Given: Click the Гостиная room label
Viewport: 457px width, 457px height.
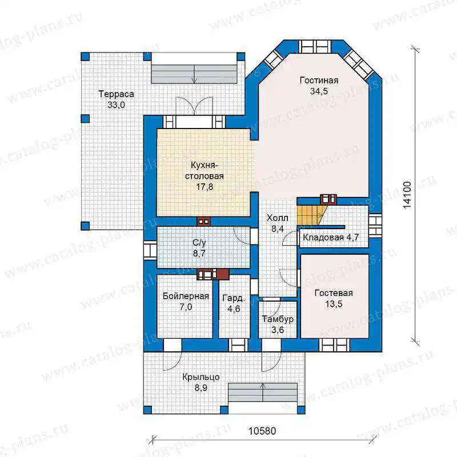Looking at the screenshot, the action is click(319, 80).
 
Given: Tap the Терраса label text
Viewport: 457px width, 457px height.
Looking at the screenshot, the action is click(116, 94).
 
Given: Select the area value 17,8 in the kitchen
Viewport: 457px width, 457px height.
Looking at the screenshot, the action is click(205, 187).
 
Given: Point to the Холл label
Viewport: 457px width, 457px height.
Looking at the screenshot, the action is click(278, 218).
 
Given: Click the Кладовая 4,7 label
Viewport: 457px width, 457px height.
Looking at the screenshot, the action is click(331, 237).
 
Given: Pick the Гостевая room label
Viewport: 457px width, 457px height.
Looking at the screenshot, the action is click(334, 293).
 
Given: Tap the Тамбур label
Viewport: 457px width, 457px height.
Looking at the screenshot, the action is click(278, 319).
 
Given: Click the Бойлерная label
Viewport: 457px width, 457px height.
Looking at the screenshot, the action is click(186, 296).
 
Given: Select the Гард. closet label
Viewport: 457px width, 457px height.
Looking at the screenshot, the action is click(234, 298).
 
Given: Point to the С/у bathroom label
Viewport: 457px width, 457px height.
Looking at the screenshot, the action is click(199, 242).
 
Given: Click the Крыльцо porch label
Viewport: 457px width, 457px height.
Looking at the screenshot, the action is click(201, 377).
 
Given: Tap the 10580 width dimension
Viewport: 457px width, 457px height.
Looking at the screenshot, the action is click(262, 431).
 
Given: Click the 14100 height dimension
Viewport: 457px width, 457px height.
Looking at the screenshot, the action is click(407, 195).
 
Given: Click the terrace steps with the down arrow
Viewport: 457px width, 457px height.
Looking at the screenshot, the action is click(194, 74).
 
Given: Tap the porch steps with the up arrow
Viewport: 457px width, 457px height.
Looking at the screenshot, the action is click(263, 392).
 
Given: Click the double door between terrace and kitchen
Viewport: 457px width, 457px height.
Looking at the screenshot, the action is click(194, 106).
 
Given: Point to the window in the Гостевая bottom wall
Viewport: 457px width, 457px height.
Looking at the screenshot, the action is click(334, 345).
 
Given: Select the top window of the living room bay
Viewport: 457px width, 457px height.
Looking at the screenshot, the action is click(315, 47).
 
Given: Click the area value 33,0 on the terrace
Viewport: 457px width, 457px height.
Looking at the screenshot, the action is click(116, 105).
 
